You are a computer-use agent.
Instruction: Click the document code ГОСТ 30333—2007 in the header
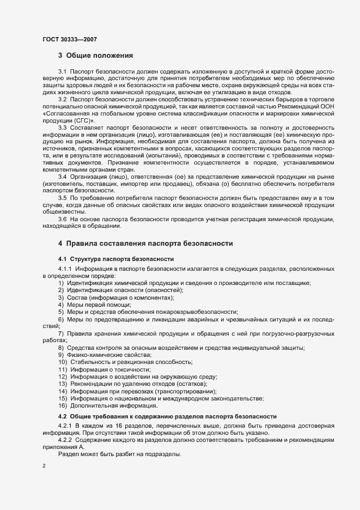(x=70, y=39)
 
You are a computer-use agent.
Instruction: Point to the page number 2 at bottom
(x=44, y=466)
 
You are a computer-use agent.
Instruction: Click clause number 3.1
(x=62, y=72)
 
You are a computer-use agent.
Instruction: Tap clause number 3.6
(x=62, y=218)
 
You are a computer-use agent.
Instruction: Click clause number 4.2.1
(x=65, y=426)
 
